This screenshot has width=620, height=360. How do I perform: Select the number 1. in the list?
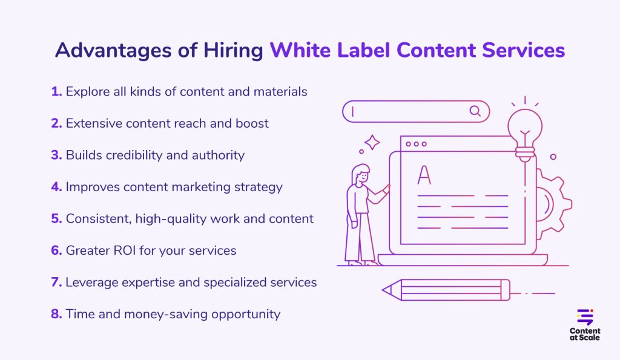click(56, 92)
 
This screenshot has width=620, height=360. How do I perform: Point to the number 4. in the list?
click(56, 186)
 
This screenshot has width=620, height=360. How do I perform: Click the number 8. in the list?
click(56, 313)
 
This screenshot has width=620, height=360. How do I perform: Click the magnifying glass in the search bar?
click(475, 111)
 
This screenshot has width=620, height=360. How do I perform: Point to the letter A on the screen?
click(424, 175)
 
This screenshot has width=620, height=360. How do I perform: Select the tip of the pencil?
click(387, 290)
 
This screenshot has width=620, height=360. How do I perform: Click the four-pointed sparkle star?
click(372, 143)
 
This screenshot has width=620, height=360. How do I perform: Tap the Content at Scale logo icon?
click(585, 317)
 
